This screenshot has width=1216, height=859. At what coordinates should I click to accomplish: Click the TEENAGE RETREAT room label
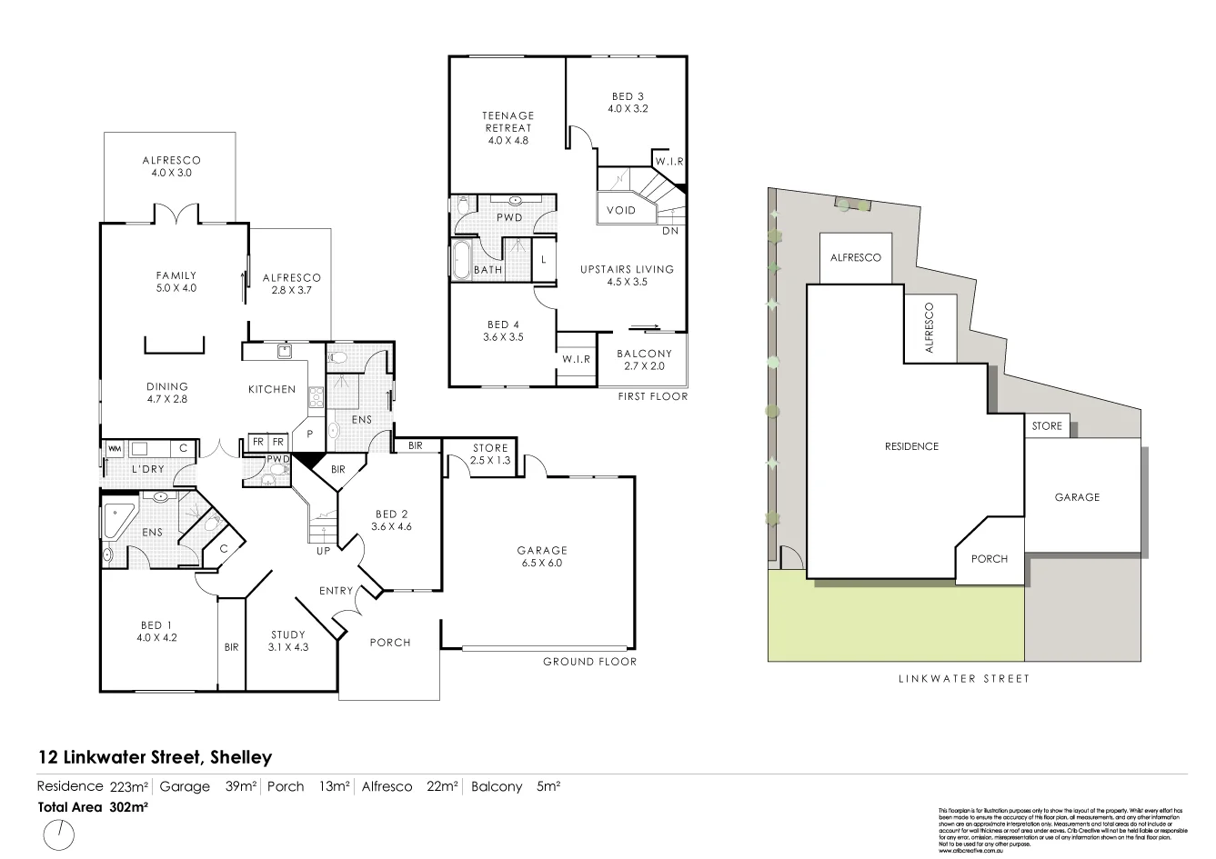coord(508,127)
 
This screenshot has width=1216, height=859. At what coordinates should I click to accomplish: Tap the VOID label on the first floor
coord(621,210)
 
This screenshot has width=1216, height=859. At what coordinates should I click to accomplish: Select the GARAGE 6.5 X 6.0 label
coord(542,556)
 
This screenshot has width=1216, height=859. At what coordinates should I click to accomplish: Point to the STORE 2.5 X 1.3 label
coord(490,454)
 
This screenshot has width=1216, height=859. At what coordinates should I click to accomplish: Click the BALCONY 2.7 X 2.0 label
coord(644,360)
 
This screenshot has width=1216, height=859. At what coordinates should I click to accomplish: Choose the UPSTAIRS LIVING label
coord(627,275)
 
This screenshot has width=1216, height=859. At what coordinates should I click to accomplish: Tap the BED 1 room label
coord(156,631)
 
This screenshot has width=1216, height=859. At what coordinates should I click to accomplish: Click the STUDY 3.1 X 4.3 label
coord(288,641)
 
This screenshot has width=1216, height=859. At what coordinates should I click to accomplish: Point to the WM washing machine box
coord(115,448)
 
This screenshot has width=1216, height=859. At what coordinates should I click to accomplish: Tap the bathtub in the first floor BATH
coord(461,261)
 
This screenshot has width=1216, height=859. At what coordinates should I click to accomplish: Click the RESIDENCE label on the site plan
coord(911,446)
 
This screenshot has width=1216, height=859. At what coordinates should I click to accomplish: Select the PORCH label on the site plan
coord(989,558)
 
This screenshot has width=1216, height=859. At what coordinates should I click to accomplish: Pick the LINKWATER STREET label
coord(964,678)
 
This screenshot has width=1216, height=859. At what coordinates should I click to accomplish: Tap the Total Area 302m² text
coord(93,805)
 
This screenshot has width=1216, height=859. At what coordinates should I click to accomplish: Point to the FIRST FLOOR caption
coord(652,396)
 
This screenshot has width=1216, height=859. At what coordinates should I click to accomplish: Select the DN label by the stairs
coord(670,231)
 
